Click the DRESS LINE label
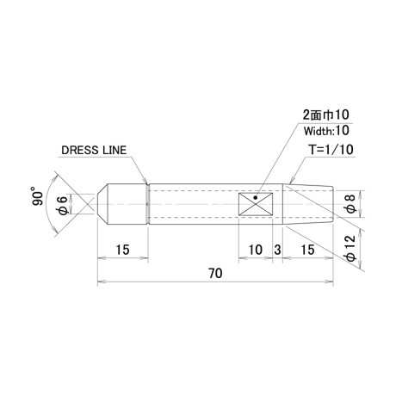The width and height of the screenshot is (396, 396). (94, 150)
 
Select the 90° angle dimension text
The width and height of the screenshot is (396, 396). (37, 196)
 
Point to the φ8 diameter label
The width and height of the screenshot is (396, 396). (350, 204)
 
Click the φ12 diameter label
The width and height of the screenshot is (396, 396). (350, 248)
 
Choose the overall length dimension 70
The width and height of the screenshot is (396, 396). (215, 274)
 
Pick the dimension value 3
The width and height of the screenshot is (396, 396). (277, 250)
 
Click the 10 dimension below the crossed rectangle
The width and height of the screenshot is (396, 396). (255, 250)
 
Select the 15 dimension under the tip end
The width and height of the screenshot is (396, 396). (122, 250)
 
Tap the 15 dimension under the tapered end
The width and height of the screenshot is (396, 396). (307, 250)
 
